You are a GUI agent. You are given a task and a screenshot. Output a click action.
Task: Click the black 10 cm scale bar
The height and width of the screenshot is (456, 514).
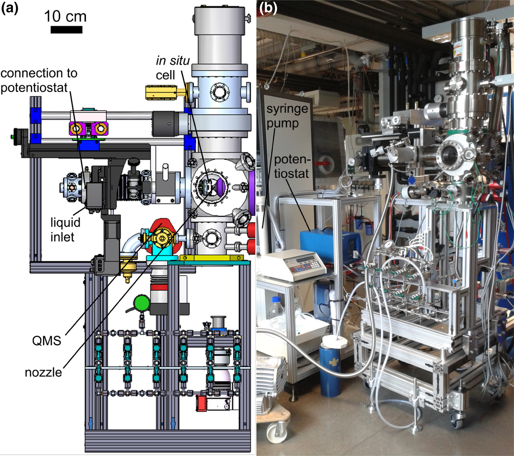pyautogui.click(x=66, y=30)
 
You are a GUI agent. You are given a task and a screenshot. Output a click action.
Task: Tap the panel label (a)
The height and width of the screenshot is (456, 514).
pyautogui.click(x=9, y=8)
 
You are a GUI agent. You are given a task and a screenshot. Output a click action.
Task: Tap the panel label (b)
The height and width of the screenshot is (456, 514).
pyautogui.click(x=268, y=8)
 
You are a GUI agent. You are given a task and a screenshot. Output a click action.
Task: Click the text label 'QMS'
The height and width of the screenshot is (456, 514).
pyautogui.click(x=47, y=341)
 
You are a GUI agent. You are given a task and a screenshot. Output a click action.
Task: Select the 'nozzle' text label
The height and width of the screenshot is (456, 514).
pyautogui.click(x=43, y=372)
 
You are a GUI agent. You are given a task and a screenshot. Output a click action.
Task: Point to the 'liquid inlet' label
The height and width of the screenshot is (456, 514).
pyautogui.click(x=65, y=229)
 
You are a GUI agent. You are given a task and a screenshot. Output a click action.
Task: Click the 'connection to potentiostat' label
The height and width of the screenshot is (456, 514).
pyautogui.click(x=39, y=80)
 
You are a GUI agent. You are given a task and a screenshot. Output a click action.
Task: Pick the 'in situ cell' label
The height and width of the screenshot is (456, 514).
pyautogui.click(x=172, y=68)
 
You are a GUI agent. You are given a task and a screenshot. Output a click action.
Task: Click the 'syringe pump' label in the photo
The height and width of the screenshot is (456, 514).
pyautogui.click(x=287, y=116)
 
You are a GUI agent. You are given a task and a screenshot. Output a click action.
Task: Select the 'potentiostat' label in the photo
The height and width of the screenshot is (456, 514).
pyautogui.click(x=292, y=166)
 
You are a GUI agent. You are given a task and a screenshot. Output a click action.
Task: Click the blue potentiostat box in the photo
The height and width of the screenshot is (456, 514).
pyautogui.click(x=329, y=245)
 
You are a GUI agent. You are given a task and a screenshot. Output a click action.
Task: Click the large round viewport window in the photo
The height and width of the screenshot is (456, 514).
pyautogui.click(x=450, y=156)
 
